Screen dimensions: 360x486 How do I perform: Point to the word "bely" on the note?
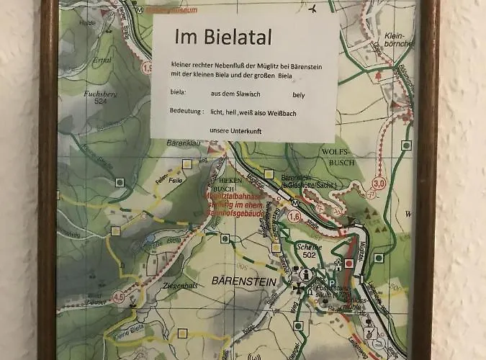299,95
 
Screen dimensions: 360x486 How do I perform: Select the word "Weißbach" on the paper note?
300,113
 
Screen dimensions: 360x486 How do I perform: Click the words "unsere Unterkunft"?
235,130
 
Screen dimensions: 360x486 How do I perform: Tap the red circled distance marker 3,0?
379,183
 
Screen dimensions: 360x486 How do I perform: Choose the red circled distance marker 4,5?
119,296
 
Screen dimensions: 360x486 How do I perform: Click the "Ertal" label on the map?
102,60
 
